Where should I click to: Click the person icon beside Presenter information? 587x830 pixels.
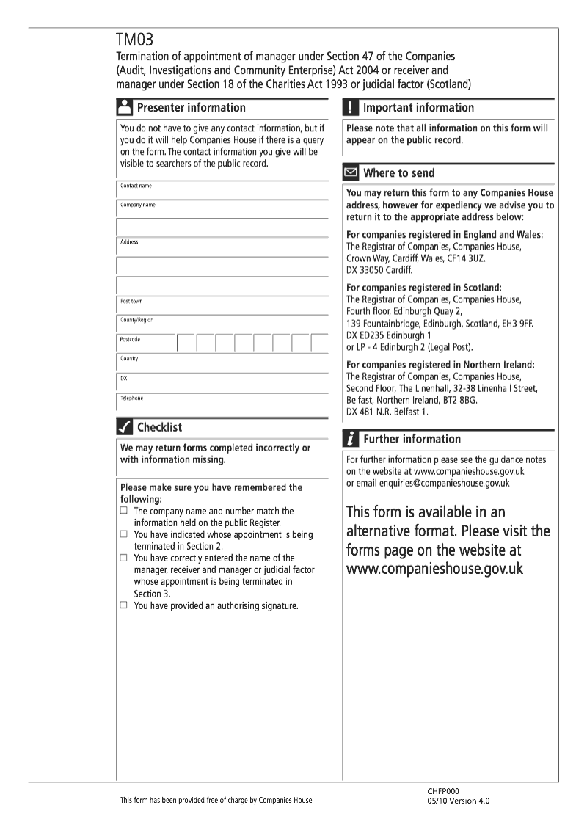coord(125,107)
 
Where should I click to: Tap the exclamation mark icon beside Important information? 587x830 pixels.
coord(351,107)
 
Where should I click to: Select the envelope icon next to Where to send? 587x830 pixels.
coord(351,173)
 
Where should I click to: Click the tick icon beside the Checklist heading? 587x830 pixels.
coord(125,427)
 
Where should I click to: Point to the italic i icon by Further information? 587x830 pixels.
coord(351,439)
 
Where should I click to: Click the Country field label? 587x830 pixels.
coord(129,359)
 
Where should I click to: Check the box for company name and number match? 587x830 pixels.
coord(124,510)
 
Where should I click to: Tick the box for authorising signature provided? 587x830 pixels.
coord(124,605)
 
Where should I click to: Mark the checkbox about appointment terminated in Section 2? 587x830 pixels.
coord(124,534)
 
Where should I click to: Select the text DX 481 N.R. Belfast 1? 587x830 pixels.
coord(387,412)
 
